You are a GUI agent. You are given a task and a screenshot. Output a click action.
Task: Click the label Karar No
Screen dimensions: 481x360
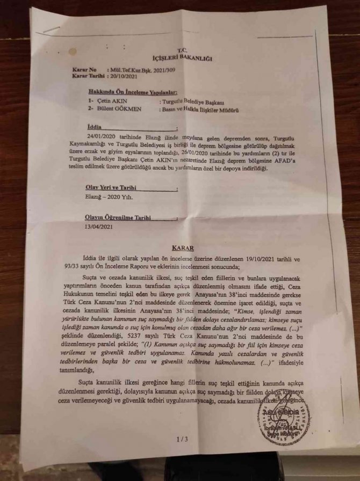(x=85, y=70)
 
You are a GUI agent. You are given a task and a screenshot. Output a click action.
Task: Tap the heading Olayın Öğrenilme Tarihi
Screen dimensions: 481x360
(x=117, y=218)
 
